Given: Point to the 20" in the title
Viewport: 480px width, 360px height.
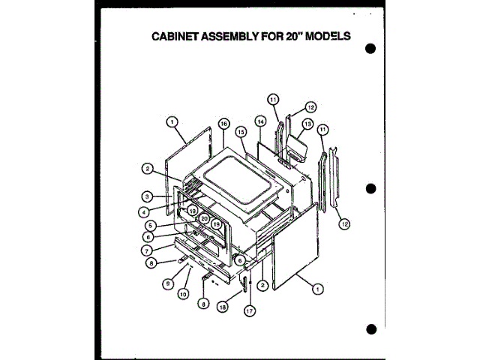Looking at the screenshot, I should tap(287, 36).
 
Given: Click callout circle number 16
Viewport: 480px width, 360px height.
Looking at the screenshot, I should tap(223, 123).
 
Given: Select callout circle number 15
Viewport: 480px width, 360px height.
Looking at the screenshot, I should tap(241, 130).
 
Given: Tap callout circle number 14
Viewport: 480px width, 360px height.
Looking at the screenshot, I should tap(260, 121).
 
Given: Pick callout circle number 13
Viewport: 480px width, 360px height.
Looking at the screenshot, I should tap(307, 124).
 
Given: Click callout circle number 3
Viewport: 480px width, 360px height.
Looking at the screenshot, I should tap(149, 196).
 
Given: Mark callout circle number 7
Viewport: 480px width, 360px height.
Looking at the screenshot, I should tap(148, 249).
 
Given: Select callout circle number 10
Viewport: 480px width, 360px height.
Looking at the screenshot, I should tap(182, 293).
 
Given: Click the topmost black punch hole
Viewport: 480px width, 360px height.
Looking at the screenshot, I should tap(370, 49).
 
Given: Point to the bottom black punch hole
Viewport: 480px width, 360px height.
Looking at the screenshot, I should tap(370, 328).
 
